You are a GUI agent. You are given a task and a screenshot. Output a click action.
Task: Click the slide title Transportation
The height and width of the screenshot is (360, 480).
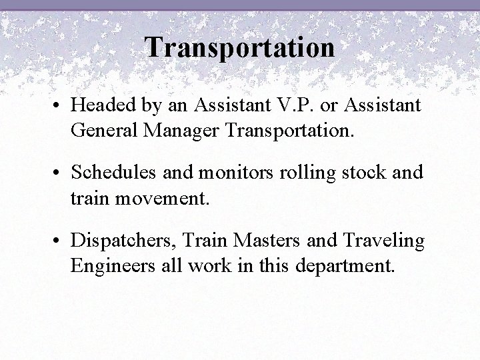pyautogui.click(x=239, y=47)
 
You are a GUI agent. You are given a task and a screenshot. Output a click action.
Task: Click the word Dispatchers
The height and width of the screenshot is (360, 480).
pyautogui.click(x=122, y=241)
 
